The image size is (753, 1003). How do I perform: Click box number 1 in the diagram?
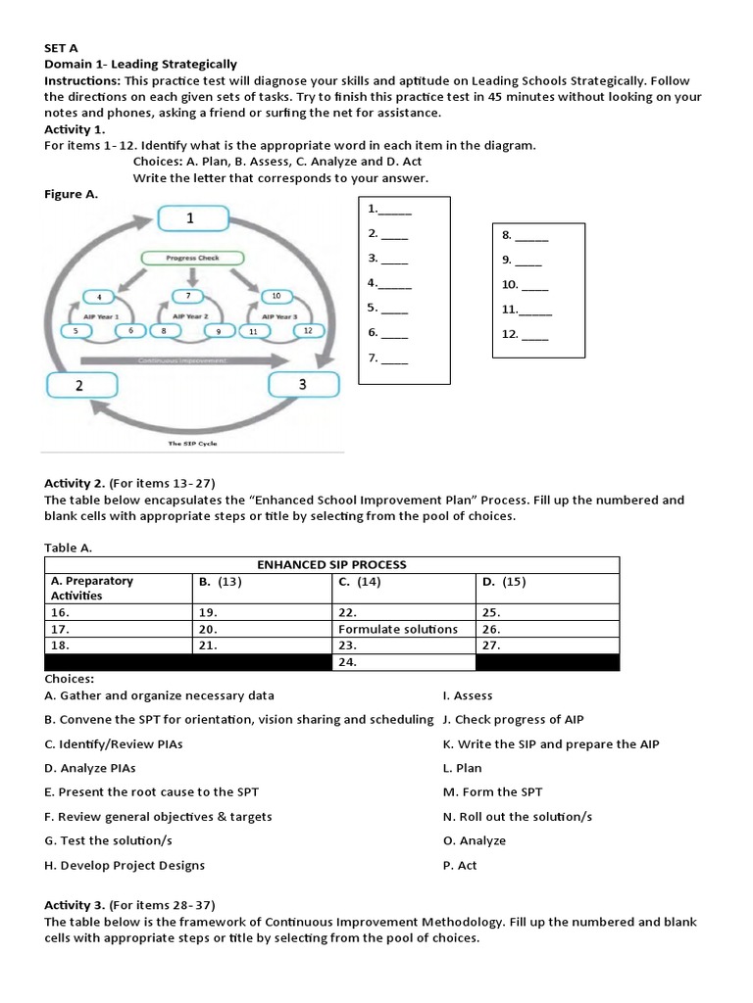tap(190, 219)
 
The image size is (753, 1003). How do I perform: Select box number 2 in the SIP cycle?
tap(80, 385)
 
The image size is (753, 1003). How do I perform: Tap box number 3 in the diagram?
tap(302, 384)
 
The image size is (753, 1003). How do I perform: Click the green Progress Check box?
tap(192, 258)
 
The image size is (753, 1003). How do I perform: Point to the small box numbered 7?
tap(188, 295)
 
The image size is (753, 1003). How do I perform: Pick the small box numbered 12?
tap(307, 330)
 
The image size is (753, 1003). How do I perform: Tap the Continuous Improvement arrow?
tap(186, 360)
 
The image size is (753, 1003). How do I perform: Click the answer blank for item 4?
tap(394, 283)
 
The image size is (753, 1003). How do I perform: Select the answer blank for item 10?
tap(535, 285)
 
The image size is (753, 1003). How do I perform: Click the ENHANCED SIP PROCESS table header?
tap(331, 564)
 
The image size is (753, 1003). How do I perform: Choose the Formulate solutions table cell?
tap(398, 629)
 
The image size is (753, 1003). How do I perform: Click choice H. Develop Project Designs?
tap(125, 866)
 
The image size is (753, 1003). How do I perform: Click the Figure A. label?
tap(72, 194)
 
